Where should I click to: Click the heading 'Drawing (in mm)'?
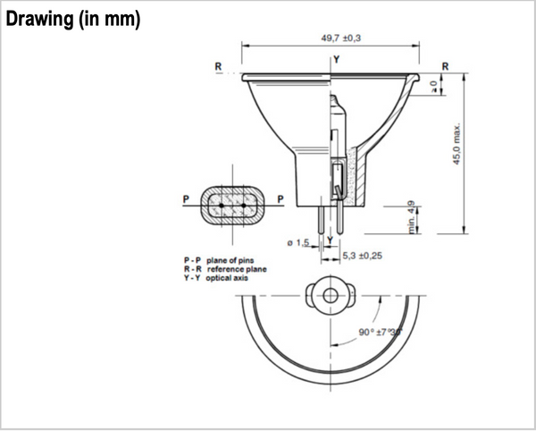(x=72, y=20)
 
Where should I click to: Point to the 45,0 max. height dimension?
(x=456, y=143)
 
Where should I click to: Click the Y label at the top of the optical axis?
(x=336, y=60)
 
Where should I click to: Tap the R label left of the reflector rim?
(x=218, y=66)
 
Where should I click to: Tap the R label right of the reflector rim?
(x=444, y=66)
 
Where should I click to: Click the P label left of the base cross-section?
(x=185, y=199)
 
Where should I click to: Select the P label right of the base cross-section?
(x=281, y=199)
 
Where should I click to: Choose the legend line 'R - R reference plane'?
(x=224, y=268)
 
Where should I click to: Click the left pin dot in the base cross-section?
(x=222, y=205)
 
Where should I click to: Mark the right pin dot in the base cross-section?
(x=243, y=205)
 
